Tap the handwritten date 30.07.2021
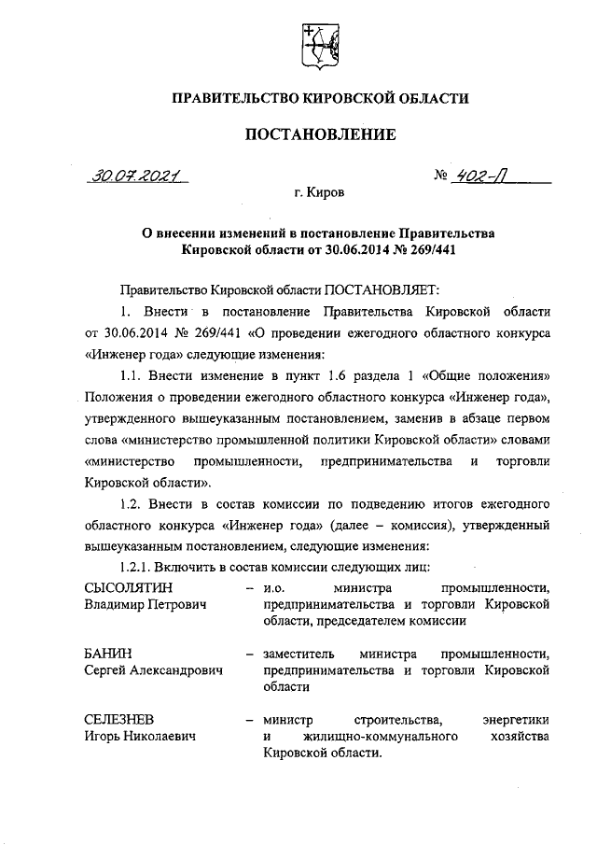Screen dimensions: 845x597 point(135,176)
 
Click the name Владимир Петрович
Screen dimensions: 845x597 point(144,604)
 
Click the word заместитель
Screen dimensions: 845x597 point(301,652)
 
